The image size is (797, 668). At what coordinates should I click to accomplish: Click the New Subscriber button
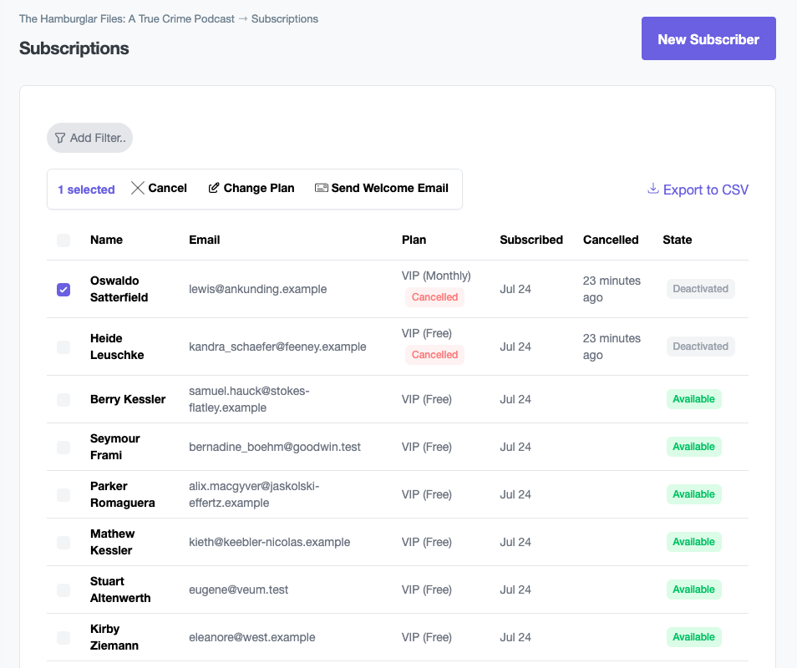(708, 39)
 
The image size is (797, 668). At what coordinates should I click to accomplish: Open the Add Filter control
(89, 138)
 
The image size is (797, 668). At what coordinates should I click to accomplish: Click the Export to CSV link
(698, 190)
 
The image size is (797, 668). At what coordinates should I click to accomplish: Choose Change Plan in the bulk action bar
(251, 188)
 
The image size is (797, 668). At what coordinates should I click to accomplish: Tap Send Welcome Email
(381, 188)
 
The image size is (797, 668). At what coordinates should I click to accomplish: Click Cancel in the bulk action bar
(159, 188)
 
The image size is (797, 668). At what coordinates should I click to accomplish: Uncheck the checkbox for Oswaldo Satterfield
(63, 289)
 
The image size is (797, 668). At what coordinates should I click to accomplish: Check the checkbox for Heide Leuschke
(63, 347)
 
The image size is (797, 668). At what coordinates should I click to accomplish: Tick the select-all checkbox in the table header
(63, 240)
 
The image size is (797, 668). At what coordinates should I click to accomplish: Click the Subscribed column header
(531, 240)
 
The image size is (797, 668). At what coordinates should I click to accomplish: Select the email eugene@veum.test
(239, 590)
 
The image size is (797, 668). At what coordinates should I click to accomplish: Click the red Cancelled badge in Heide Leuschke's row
(434, 355)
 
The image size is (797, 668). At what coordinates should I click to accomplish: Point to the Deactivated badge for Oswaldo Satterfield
(700, 289)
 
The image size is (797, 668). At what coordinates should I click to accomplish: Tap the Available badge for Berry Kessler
(693, 399)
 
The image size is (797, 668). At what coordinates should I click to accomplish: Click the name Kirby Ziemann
(114, 637)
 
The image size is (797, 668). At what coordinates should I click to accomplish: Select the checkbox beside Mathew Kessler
(63, 542)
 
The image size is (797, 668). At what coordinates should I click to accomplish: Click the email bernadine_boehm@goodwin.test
(275, 447)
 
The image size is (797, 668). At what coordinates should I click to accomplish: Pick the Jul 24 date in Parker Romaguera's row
(515, 494)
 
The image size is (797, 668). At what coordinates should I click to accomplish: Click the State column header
(677, 240)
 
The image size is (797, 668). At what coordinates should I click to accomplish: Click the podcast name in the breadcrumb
(127, 18)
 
